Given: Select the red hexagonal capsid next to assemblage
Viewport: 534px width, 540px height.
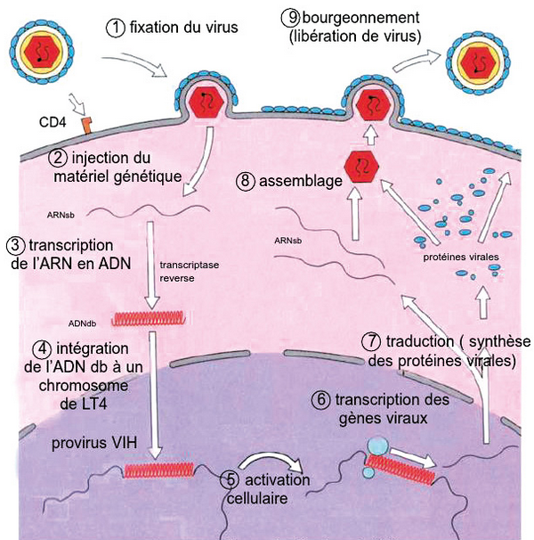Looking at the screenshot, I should (x=361, y=168).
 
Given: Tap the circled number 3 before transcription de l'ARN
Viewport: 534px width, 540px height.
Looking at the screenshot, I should (x=13, y=244).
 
